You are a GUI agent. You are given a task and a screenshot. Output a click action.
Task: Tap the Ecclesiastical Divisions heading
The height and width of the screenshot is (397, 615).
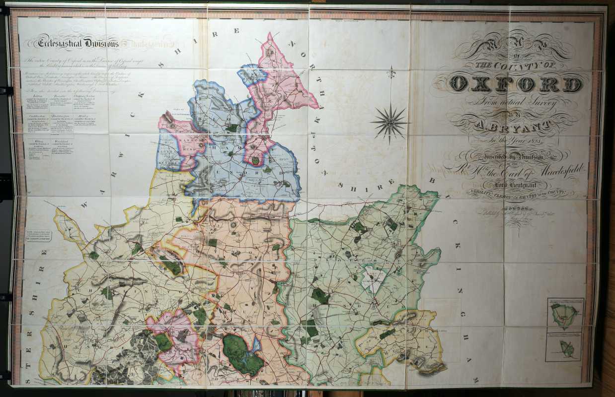[79, 44]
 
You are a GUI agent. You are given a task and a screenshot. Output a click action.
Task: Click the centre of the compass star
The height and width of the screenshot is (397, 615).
[390, 121]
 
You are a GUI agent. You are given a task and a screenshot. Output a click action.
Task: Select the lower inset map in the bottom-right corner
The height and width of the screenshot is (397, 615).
[565, 347]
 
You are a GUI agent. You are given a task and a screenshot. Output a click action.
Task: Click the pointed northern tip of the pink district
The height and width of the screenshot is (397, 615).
[270, 35]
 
